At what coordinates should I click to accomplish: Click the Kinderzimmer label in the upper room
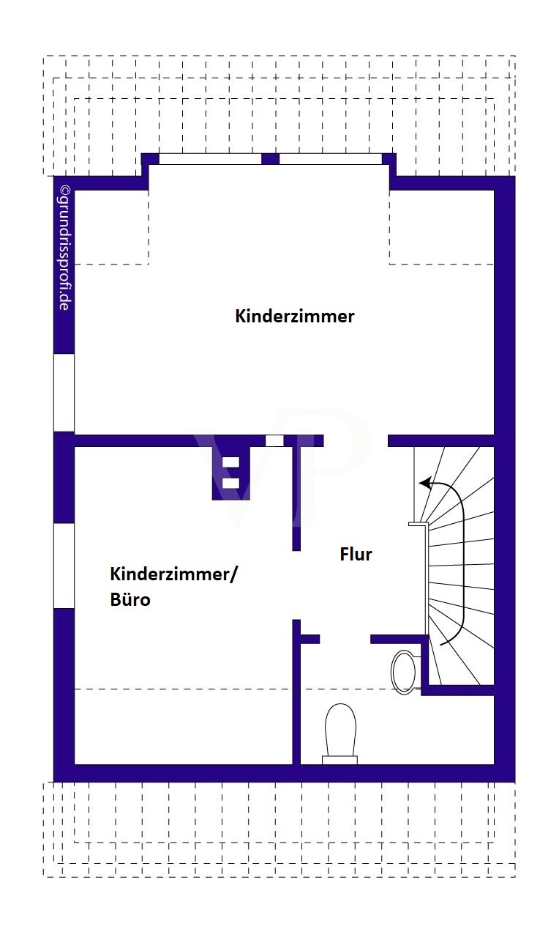tap(295, 316)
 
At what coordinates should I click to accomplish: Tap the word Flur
tap(356, 555)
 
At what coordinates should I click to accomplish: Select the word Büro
tap(130, 599)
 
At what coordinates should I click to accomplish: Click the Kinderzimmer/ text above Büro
tap(173, 574)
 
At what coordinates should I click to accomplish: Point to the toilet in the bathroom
tap(339, 734)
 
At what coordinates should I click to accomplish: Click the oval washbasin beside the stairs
tap(404, 672)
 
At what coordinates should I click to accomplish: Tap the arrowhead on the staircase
tap(425, 483)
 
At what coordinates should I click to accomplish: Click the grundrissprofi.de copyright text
tap(64, 248)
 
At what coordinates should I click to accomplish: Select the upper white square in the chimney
tap(230, 462)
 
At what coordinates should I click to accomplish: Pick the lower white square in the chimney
tap(230, 484)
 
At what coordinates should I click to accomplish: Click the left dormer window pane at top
tap(211, 159)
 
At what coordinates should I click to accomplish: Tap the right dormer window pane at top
tap(331, 159)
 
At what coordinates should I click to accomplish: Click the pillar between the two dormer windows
tap(271, 159)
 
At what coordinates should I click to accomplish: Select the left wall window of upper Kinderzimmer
tap(64, 393)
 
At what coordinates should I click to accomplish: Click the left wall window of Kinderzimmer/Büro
tap(64, 566)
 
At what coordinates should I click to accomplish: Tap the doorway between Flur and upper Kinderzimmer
tap(356, 440)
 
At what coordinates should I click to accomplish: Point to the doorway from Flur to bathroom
tap(345, 639)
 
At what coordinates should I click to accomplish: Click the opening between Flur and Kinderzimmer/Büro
tap(296, 585)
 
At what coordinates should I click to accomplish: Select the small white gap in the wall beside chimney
tap(274, 440)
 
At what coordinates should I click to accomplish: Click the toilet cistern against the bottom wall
tap(339, 760)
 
